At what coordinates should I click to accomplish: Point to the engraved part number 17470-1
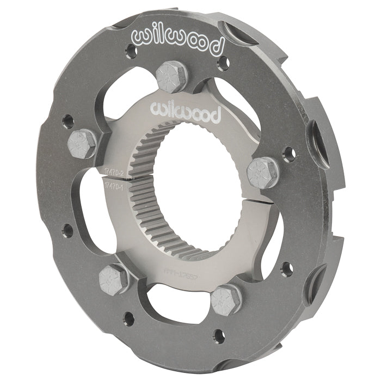pos(113,186)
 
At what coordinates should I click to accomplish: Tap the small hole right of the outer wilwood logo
pos(221,65)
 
